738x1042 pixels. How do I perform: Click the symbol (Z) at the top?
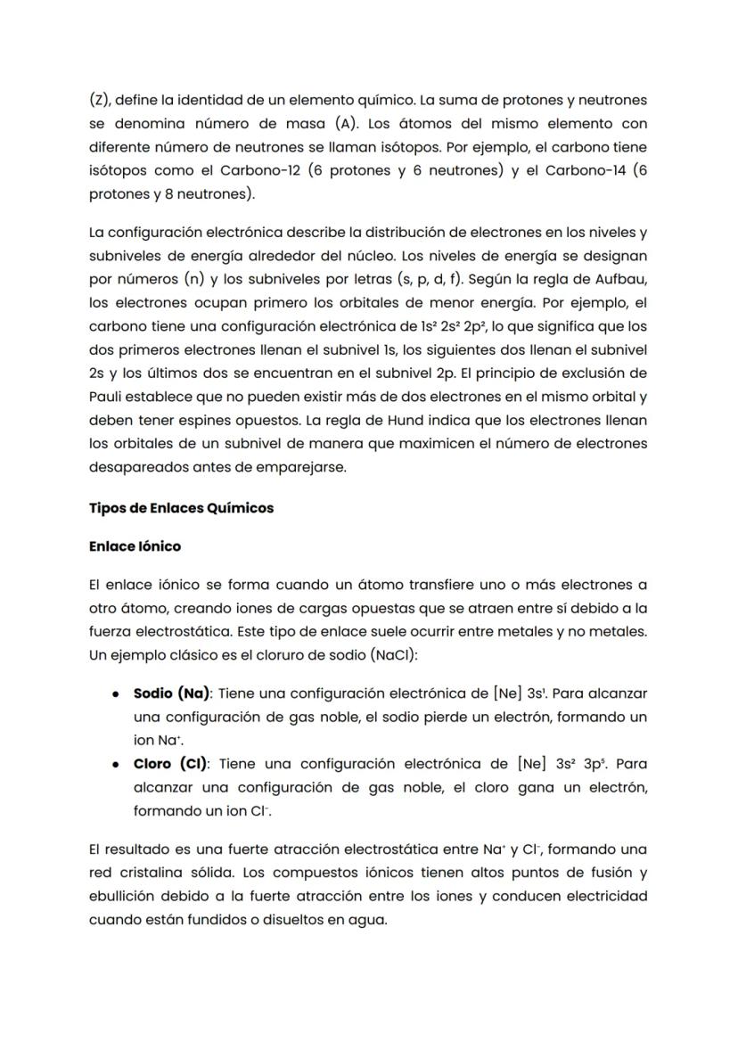[100, 100]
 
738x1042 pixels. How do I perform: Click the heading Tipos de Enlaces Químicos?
[182, 508]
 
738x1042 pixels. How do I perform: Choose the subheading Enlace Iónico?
[135, 546]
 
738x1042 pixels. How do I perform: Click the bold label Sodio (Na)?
[172, 693]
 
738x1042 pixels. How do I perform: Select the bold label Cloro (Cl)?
[170, 763]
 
